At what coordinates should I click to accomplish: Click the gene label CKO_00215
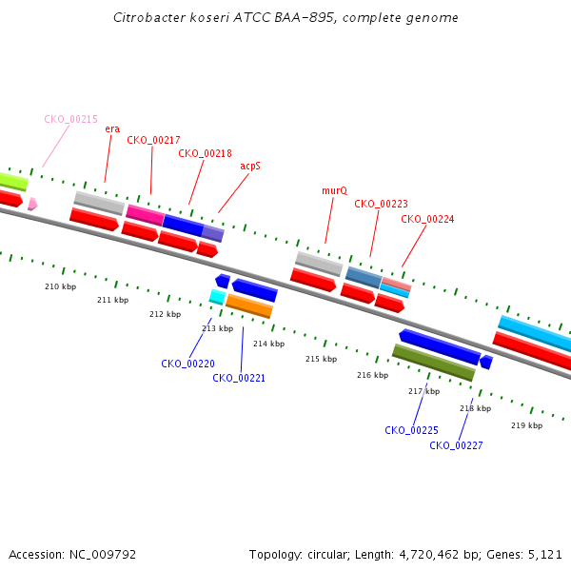point(71,119)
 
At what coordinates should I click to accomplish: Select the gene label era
point(112,128)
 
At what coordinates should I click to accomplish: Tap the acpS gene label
point(250,166)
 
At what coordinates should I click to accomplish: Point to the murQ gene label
point(335,191)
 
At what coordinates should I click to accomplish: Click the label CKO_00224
point(427,219)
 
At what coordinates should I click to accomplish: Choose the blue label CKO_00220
point(187,364)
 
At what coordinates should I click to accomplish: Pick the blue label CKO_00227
point(456,445)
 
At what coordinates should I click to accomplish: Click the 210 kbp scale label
point(61,286)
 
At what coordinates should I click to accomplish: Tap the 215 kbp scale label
point(322,359)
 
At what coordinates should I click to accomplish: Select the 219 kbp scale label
point(526,425)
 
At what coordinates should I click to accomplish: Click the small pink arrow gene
point(32,204)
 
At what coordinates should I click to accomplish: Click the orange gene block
point(249,305)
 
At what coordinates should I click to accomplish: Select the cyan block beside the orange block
point(217,297)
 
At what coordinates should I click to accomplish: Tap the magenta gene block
point(146,215)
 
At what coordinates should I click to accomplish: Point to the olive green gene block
point(434,363)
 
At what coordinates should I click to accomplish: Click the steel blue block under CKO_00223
point(364,277)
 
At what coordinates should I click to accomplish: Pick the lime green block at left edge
point(13,182)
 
